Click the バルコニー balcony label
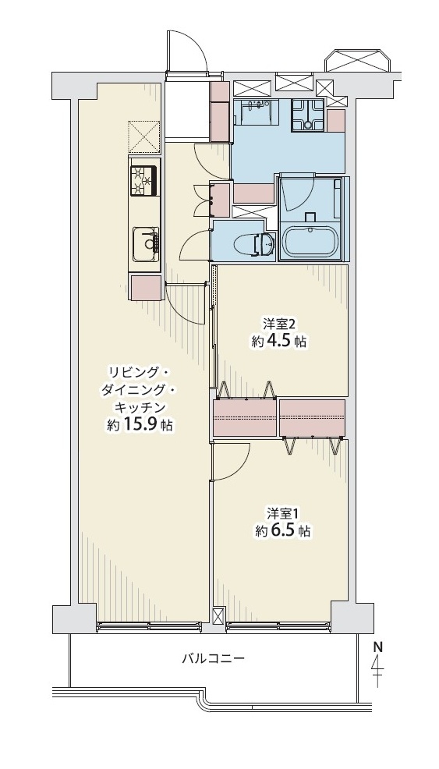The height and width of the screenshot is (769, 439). pos(213,657)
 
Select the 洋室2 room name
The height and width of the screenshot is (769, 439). pos(278,324)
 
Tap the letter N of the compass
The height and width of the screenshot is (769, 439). pos(377,647)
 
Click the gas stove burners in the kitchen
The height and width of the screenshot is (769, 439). pos(144,181)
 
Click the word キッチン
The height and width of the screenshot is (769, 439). pos(139,408)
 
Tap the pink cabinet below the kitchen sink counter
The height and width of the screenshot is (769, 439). pos(146,287)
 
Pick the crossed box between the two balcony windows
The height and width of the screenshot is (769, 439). pos(218,616)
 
